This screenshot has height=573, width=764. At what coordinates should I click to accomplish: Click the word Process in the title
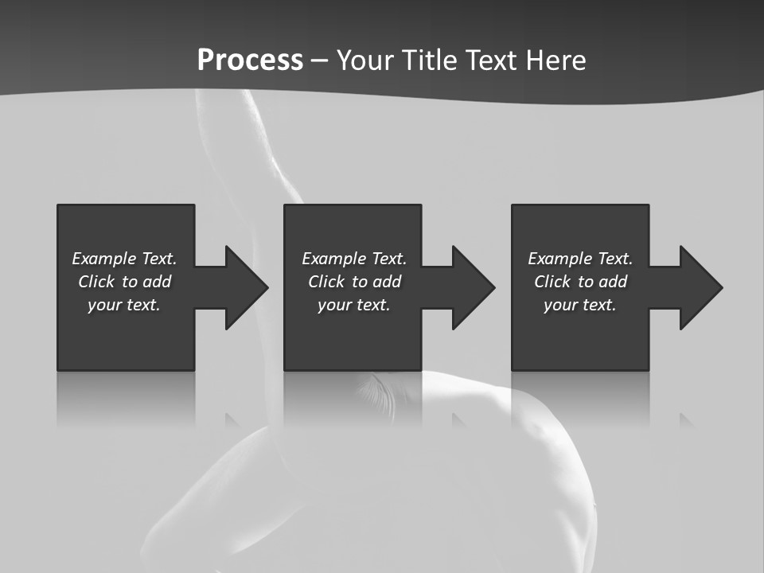[x=250, y=60]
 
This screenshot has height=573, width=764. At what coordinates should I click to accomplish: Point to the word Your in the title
[x=364, y=60]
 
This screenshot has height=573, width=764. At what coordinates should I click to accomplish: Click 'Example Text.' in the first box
[x=124, y=259]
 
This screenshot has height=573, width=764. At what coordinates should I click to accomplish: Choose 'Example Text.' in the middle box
[x=354, y=259]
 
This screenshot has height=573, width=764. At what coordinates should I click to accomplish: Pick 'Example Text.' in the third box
[x=580, y=259]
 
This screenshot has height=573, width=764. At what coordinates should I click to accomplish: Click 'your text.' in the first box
[x=124, y=305]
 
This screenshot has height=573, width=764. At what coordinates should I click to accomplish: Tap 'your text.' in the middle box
[x=354, y=305]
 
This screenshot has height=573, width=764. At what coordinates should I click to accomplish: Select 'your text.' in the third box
[x=580, y=305]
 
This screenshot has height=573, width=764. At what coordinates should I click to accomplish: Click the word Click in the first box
[x=96, y=282]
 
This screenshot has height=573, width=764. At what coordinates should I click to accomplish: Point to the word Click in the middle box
[x=326, y=282]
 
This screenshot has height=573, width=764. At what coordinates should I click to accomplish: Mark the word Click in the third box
[x=552, y=282]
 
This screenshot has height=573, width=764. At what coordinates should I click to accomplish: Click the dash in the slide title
[x=319, y=60]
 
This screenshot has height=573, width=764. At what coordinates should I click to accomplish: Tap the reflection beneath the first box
[x=126, y=398]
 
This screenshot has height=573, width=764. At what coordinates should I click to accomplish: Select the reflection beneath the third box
[x=580, y=398]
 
